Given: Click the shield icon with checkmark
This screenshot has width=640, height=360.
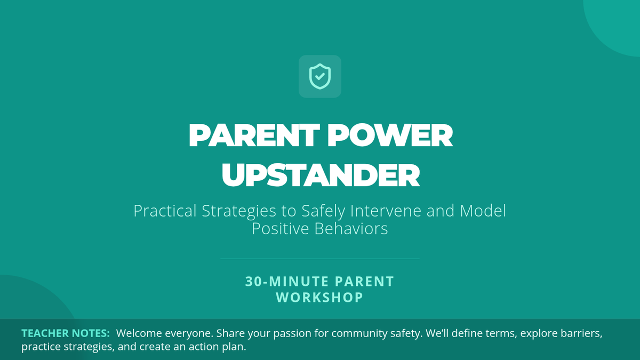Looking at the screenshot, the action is (319, 76).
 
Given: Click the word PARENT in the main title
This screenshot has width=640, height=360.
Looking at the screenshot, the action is (254, 135).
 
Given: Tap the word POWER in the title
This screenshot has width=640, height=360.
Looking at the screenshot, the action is (390, 135).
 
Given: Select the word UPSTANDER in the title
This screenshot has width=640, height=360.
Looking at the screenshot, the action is (321, 175).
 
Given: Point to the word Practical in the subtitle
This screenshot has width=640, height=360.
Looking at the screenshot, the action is (165, 211).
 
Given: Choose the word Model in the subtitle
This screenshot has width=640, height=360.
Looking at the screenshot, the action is (483, 211).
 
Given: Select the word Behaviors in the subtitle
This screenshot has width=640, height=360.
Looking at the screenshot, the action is (351, 229).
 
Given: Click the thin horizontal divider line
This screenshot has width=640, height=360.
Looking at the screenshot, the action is (320, 259).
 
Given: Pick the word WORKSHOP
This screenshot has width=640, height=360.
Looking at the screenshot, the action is (320, 298).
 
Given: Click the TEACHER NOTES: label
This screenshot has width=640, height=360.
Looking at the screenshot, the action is (66, 333).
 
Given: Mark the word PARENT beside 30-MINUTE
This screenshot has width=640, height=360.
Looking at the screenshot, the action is (364, 282).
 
